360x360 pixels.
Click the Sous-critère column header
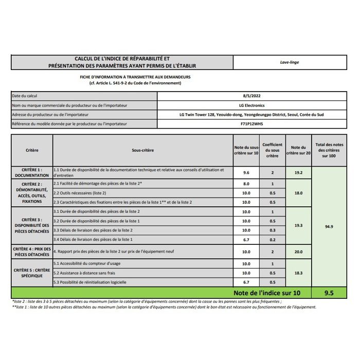[x=142, y=150]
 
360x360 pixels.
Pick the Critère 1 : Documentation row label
[x=32, y=172]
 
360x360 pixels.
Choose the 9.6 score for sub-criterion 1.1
[x=246, y=173]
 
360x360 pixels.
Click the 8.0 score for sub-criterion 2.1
[x=246, y=184]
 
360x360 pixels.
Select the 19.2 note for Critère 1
[x=298, y=173]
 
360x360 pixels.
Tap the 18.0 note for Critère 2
[x=298, y=193]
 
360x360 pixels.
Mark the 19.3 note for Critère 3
[x=298, y=225]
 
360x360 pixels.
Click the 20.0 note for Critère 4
[x=298, y=251]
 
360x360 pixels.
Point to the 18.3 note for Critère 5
[x=298, y=273]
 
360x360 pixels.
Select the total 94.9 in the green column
[x=329, y=226]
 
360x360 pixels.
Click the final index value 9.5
[x=329, y=293]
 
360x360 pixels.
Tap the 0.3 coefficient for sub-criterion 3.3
[x=272, y=230]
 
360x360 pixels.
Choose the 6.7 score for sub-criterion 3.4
[x=246, y=239]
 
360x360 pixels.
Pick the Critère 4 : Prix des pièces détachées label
[x=32, y=251]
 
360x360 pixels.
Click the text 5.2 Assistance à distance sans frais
[x=85, y=273]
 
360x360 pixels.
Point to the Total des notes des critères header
[x=329, y=150]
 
